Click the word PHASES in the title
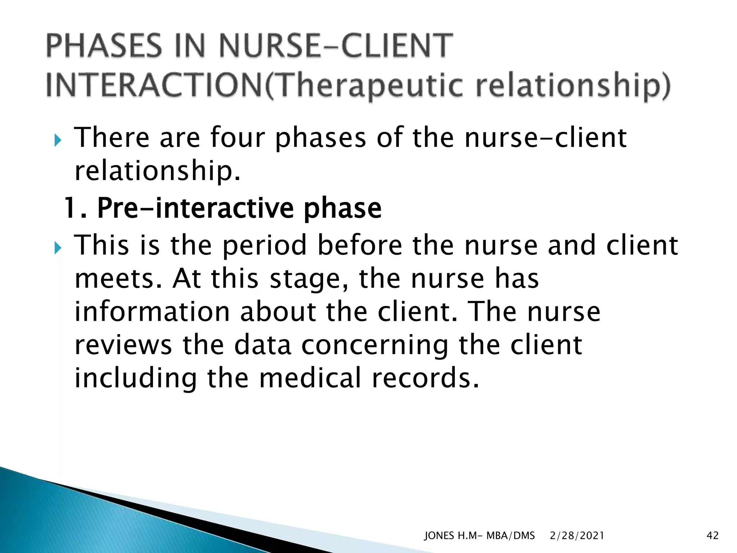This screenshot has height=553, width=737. [104, 46]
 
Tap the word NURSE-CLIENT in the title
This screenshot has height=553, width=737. [335, 46]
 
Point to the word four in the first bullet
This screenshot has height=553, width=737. [238, 138]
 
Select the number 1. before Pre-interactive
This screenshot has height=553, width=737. [75, 208]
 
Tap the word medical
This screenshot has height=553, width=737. [310, 378]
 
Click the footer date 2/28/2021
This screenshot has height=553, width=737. [577, 536]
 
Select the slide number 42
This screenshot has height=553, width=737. [713, 536]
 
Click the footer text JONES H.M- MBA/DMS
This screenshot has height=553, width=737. [479, 536]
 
